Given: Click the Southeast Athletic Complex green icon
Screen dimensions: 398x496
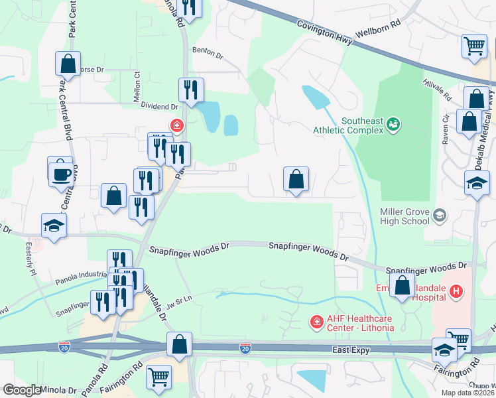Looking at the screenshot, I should point(393,123).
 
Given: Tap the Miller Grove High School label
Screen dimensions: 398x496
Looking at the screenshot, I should point(404,216).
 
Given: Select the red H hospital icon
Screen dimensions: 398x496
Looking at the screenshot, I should point(456,291).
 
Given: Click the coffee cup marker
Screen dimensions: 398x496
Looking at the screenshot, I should point(61,174).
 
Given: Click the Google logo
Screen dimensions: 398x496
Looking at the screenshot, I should point(22,390).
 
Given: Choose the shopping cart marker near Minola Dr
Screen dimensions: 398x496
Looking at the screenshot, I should point(159,377).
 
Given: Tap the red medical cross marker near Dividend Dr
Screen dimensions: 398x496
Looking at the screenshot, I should point(176,125).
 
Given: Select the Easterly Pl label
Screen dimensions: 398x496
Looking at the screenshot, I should point(31,264).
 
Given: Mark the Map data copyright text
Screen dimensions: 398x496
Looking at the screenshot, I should point(468,392).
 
